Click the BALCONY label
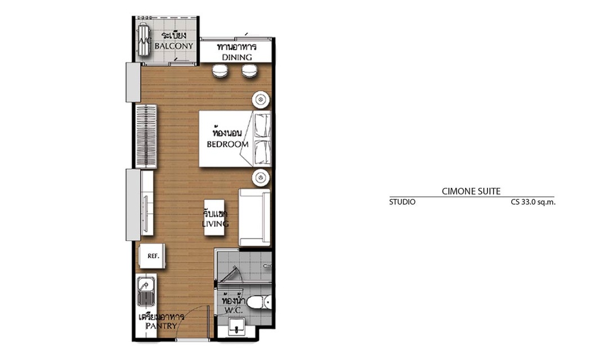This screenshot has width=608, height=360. pos(173,46)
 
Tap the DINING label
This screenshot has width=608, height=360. pos(237,57)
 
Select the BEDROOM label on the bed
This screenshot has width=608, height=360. pos(227,144)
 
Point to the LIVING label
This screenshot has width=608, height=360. pos(215,224)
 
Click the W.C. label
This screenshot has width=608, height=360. pos(234,310)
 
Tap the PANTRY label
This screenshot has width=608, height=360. pos(162,326)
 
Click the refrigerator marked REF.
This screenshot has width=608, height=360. pos(153,256)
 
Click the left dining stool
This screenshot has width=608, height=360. pos(220,71)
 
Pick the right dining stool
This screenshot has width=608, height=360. pos(250,71)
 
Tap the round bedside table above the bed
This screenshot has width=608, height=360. pos(261,100)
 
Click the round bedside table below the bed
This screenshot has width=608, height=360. pos(261,178)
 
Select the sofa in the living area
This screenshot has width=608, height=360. pos(254,217)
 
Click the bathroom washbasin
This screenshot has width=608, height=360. pos(236,327)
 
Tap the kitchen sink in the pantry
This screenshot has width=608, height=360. pos(146,291)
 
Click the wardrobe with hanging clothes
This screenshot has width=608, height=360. pos(146,136)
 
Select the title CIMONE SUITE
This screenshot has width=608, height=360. pos(471,191)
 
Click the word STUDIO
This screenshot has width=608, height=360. pos(402,202)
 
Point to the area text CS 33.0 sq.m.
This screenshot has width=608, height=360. pos(533,202)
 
